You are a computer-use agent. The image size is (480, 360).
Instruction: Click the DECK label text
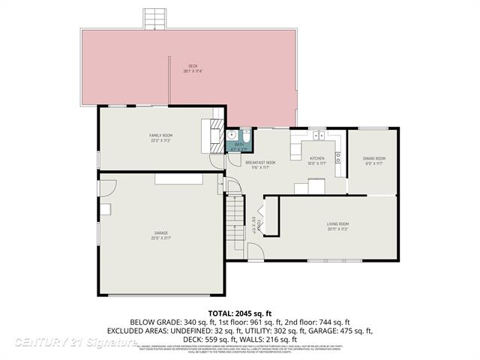click(x=193, y=66)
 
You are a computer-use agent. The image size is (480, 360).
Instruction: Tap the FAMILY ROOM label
click(x=160, y=135)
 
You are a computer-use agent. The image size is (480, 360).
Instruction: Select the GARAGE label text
click(x=160, y=233)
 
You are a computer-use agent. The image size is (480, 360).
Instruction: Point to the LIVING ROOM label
click(x=337, y=224)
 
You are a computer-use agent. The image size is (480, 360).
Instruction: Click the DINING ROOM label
click(x=374, y=158)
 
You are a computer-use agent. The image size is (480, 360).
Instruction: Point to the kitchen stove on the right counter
click(x=338, y=157)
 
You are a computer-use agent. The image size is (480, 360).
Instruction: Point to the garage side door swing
click(x=233, y=187)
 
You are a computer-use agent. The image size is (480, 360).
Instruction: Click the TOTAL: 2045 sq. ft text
click(x=239, y=313)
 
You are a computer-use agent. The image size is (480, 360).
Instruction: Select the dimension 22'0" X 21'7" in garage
click(x=160, y=238)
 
